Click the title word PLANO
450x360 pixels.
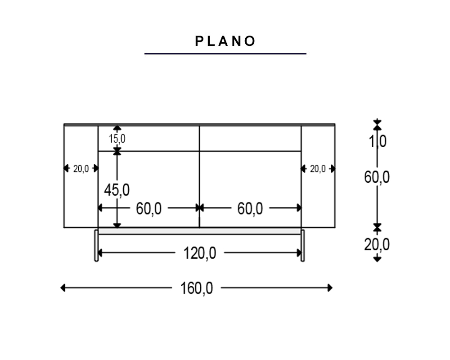pos(225,41)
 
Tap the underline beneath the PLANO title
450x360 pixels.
pos(225,54)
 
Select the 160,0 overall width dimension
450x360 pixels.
pos(197,288)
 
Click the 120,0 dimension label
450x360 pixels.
pos(199,253)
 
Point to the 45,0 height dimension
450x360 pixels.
pos(117,190)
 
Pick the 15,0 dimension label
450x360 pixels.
pos(117,139)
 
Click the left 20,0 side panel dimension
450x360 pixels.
pos(81,169)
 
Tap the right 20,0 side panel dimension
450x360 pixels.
pos(318,169)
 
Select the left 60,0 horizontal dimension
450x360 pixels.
pos(148,208)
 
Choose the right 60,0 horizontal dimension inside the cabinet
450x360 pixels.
pos(250,208)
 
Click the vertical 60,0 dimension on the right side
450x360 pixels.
pos(377,177)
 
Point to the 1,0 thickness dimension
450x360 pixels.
pos(377,141)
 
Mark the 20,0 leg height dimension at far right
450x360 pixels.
pos(377,244)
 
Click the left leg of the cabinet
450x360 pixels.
pos(96,245)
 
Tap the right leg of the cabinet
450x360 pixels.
pos(302,245)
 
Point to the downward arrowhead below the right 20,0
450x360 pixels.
pos(377,259)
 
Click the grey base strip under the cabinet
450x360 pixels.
pos(199,231)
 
